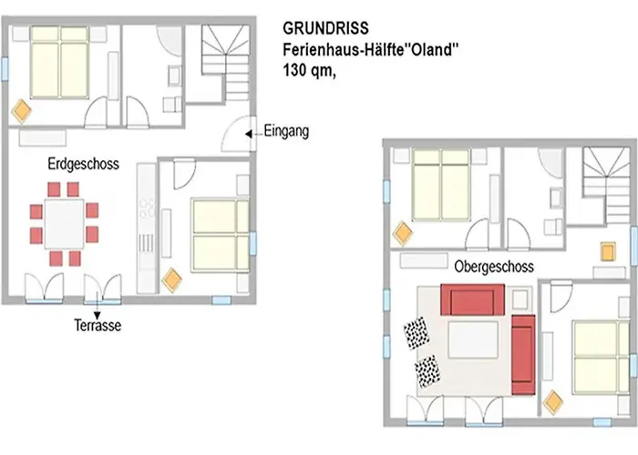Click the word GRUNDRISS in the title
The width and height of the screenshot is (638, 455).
[x=325, y=28]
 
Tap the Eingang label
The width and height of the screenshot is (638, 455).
[x=286, y=132]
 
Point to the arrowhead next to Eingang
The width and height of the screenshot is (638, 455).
[x=248, y=134]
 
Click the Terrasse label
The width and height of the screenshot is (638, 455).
[x=98, y=326]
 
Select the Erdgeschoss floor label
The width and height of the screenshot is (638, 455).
[x=84, y=164]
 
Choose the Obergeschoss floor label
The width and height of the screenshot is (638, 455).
[x=494, y=267]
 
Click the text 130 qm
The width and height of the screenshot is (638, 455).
[x=309, y=70]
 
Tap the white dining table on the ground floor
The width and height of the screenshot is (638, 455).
[x=65, y=224]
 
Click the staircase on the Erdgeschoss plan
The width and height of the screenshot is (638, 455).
[x=225, y=63]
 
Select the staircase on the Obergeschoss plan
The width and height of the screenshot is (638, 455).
[x=606, y=185]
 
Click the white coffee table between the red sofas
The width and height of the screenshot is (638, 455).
[x=473, y=339]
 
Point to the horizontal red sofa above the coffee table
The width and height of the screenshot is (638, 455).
[x=472, y=299]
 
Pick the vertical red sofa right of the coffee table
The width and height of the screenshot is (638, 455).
[x=523, y=355]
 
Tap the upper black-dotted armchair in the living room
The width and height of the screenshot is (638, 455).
[x=417, y=333]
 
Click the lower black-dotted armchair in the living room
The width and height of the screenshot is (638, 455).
[x=427, y=371]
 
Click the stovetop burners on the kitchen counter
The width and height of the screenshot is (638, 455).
[x=147, y=208]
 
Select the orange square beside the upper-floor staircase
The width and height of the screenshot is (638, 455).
[x=608, y=251]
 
